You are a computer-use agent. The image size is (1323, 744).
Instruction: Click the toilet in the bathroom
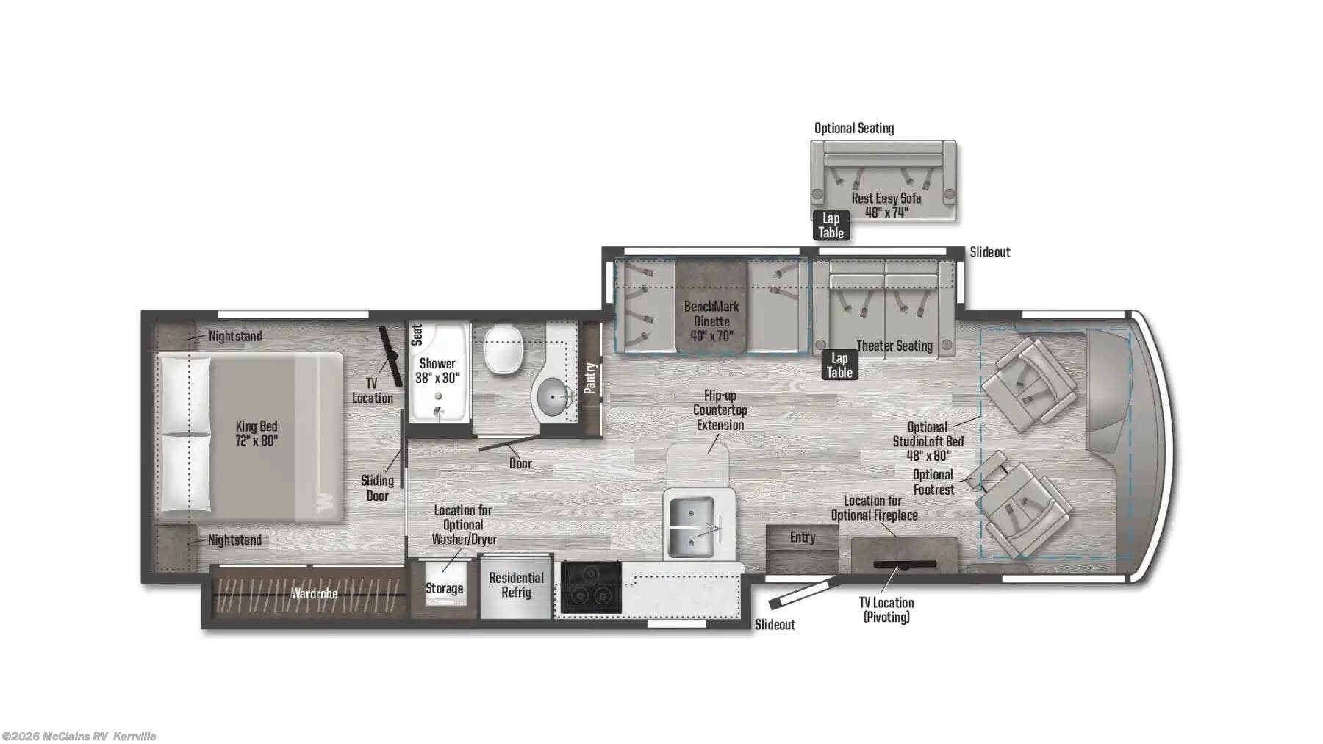click(503, 350)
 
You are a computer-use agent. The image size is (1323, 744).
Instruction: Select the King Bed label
click(257, 433)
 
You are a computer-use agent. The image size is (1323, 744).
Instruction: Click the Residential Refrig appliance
click(516, 585)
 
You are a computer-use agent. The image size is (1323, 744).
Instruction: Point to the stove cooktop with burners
click(591, 587)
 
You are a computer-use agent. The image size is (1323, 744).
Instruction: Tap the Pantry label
click(590, 378)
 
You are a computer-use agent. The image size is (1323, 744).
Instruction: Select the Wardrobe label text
click(314, 593)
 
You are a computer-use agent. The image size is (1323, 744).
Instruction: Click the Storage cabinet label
click(444, 588)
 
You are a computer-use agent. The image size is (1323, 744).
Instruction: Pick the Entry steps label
click(803, 537)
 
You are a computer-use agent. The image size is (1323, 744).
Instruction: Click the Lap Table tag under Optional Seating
click(831, 226)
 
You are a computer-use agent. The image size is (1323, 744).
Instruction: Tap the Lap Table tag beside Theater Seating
click(839, 365)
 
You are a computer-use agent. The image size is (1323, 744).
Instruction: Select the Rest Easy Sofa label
click(886, 205)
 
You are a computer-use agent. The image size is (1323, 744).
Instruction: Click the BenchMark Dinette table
click(711, 306)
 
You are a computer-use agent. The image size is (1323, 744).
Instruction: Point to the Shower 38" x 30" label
click(437, 371)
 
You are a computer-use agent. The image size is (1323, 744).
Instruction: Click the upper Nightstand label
click(234, 336)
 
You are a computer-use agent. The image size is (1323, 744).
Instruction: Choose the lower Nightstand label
click(234, 540)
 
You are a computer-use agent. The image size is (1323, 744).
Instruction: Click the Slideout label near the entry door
click(775, 625)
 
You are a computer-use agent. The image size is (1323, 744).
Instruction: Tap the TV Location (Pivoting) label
click(886, 609)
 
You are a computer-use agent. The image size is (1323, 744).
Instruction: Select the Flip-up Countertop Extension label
click(720, 410)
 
